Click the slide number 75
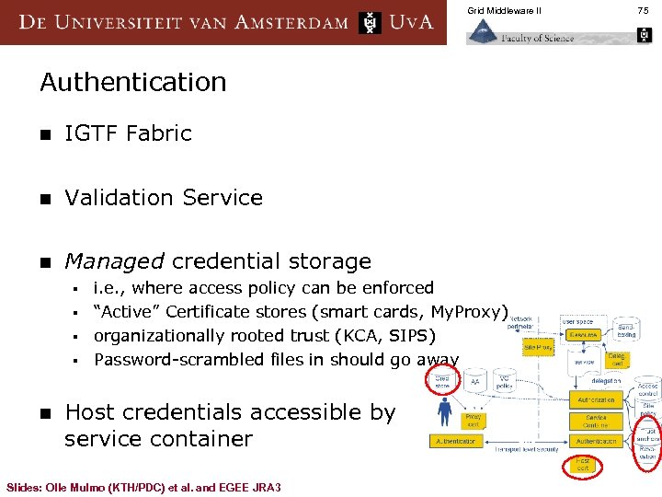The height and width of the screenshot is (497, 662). click(x=644, y=10)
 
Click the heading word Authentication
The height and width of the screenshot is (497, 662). click(x=133, y=82)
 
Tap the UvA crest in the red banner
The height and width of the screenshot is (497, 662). click(x=370, y=22)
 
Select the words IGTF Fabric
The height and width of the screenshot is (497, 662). click(x=128, y=133)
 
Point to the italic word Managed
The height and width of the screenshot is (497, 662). click(x=114, y=262)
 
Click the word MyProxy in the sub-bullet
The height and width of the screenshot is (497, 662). click(x=469, y=312)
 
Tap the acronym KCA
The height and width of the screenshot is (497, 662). click(x=351, y=336)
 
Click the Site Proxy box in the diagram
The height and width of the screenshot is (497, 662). click(x=537, y=348)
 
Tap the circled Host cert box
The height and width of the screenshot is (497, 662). click(x=583, y=465)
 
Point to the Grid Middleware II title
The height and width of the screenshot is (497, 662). click(x=505, y=10)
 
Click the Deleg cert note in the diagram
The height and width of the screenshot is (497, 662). click(x=616, y=360)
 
